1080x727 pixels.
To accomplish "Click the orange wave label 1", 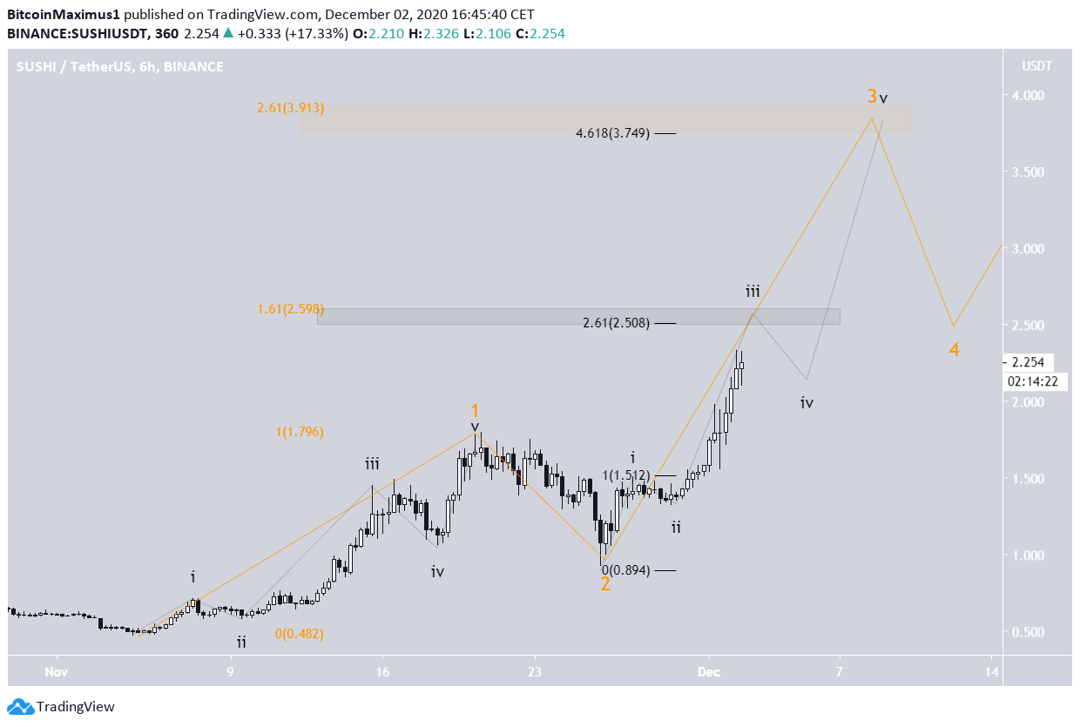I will (x=476, y=410).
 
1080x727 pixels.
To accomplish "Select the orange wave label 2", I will (x=605, y=583).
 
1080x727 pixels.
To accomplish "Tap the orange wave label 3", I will (x=871, y=96).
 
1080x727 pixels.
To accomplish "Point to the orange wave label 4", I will (x=954, y=350).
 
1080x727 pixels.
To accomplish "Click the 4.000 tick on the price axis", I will (x=1028, y=96).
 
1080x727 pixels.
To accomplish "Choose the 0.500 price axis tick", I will (x=1028, y=632).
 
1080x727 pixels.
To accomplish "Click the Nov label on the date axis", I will (x=57, y=672).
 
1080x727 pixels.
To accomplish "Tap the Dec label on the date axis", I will (x=709, y=672).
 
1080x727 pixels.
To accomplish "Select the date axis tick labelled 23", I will (x=534, y=672).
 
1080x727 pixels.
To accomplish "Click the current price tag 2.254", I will (x=1029, y=362).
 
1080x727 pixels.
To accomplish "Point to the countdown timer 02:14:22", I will (x=1030, y=381).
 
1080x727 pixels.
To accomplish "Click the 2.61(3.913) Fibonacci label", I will (x=290, y=109).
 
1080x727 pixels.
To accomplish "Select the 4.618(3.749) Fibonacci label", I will (x=612, y=133).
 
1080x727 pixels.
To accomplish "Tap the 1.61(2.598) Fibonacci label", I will (x=290, y=309).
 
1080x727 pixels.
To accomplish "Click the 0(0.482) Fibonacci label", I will (x=299, y=634).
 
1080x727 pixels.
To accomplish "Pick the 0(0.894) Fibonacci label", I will (x=625, y=570).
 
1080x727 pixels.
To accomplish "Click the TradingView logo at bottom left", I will (x=61, y=707).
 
